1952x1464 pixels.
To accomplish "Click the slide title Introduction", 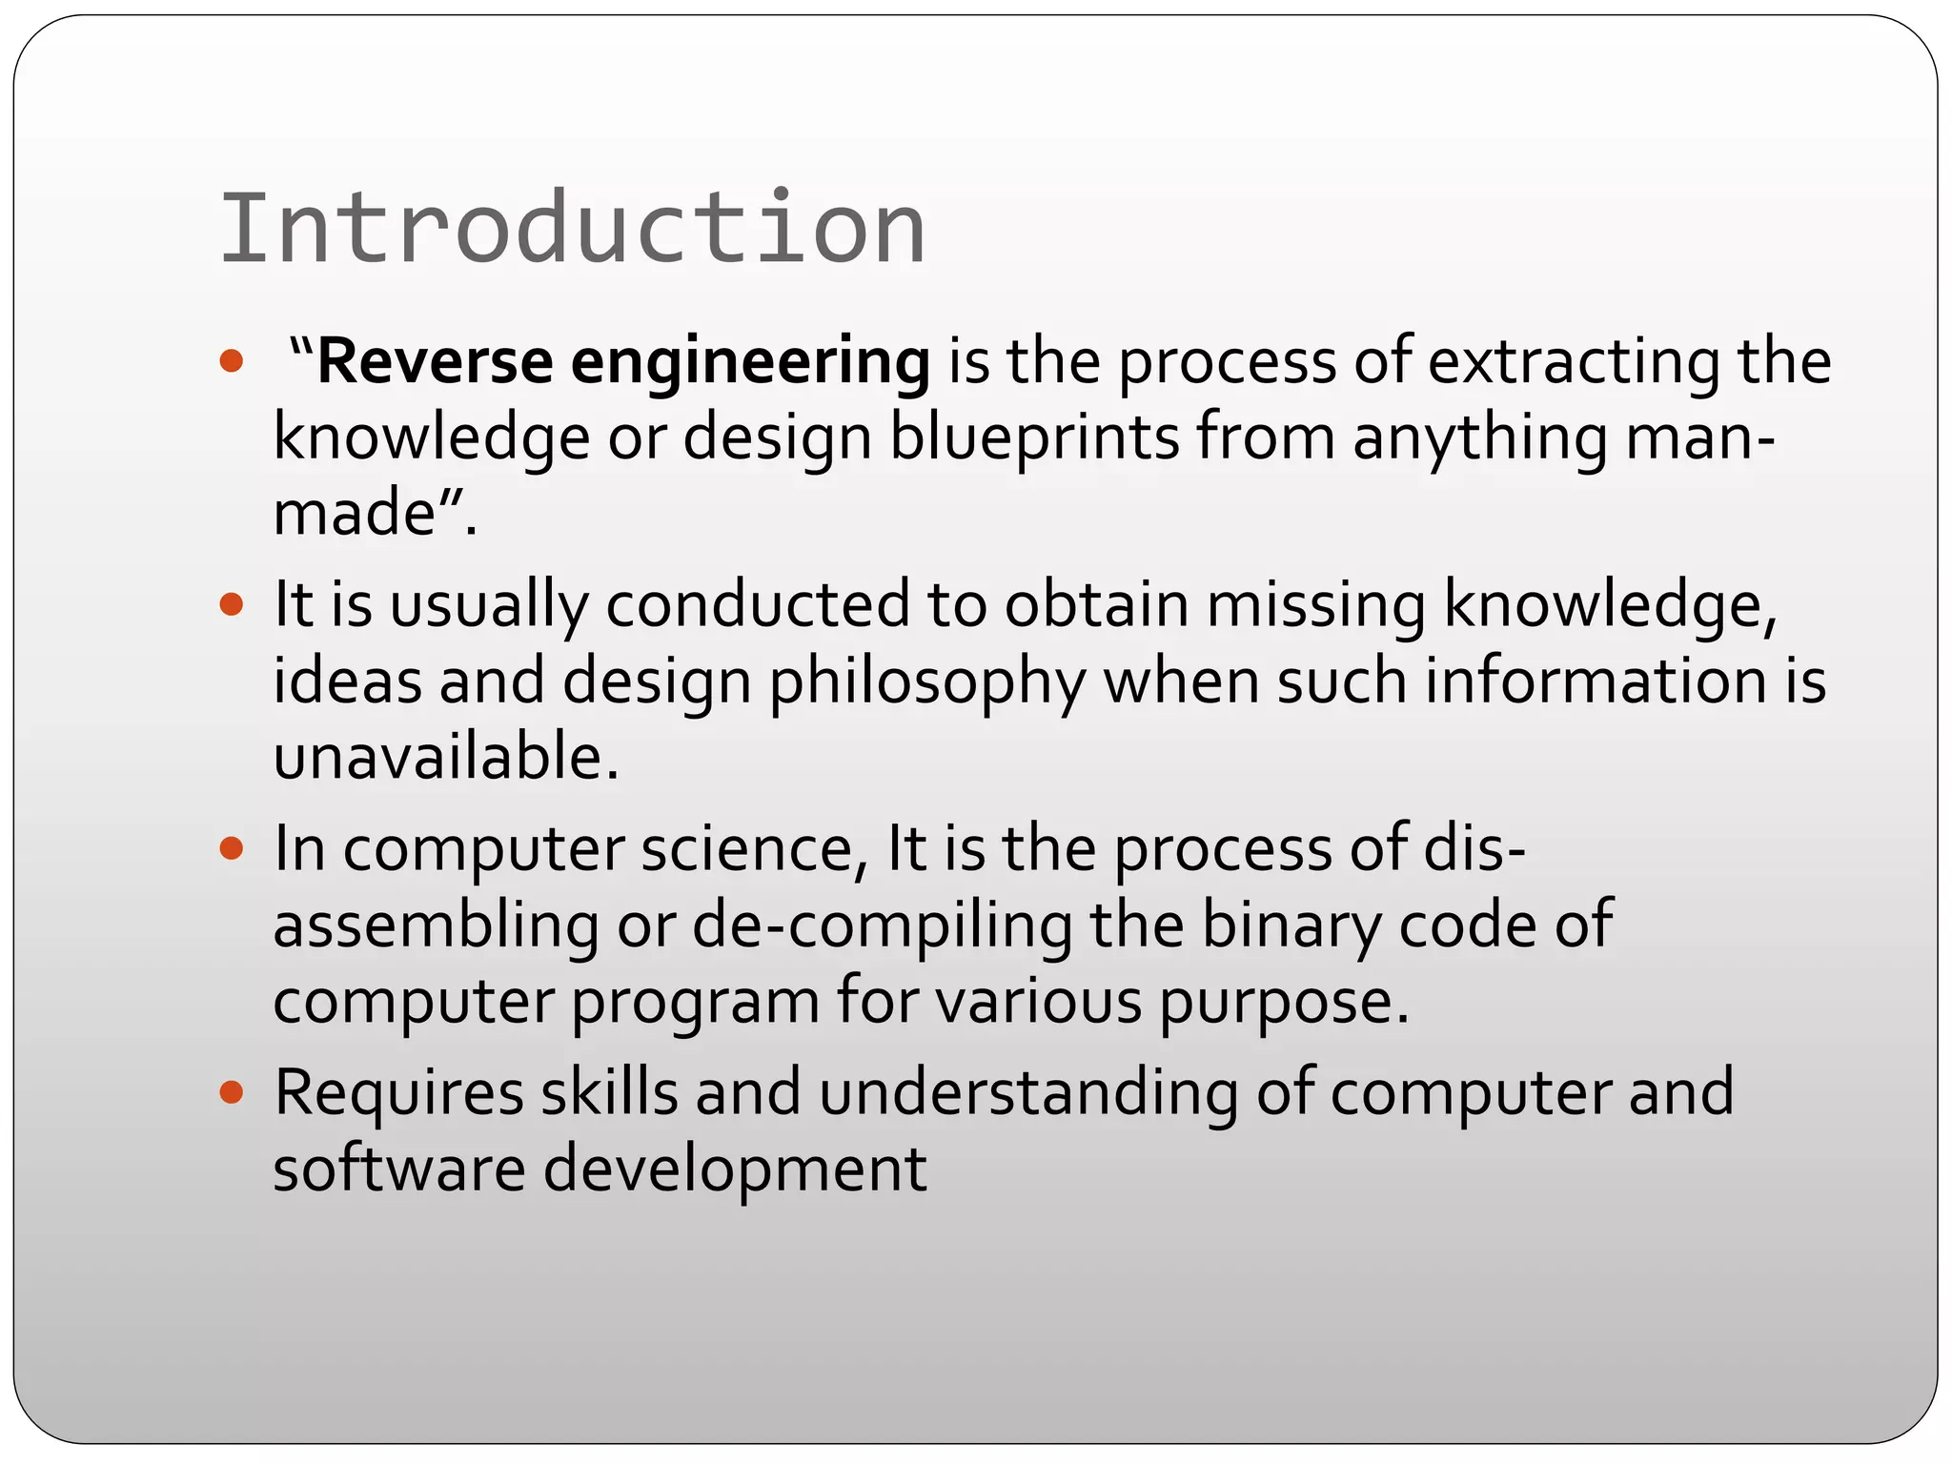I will pyautogui.click(x=572, y=229).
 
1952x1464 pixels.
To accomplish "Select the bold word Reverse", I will pyautogui.click(x=435, y=362).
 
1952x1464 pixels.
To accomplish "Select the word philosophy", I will pyautogui.click(x=927, y=683).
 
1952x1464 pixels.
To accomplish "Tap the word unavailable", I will pyautogui.click(x=446, y=758).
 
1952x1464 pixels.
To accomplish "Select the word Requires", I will pyautogui.click(x=398, y=1093).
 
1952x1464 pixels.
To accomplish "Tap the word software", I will pyautogui.click(x=398, y=1169).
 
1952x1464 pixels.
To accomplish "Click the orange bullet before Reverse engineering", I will pyautogui.click(x=232, y=361).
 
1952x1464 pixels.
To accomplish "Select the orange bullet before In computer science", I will pyautogui.click(x=232, y=847).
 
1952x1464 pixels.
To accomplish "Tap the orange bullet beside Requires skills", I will pyautogui.click(x=232, y=1091).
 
